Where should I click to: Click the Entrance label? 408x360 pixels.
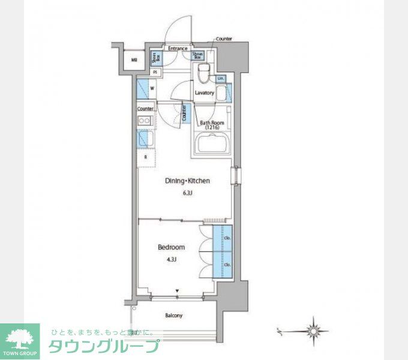[x=178, y=49]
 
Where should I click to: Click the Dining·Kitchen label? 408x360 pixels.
[x=188, y=181]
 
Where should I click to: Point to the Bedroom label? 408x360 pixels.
[x=171, y=247]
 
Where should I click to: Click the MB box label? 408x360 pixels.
[x=134, y=59]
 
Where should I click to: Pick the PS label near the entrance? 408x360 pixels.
[x=155, y=72]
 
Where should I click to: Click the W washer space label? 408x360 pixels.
[x=152, y=89]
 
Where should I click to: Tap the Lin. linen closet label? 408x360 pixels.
[x=221, y=79]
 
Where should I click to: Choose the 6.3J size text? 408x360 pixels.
[x=188, y=193]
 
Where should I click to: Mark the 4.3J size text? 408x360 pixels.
[x=171, y=259]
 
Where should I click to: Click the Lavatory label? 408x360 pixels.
[x=205, y=93]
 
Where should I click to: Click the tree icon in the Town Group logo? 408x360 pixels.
[x=20, y=337]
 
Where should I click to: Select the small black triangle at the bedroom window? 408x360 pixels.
[x=178, y=292]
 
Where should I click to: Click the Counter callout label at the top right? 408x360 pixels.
[x=224, y=39]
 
